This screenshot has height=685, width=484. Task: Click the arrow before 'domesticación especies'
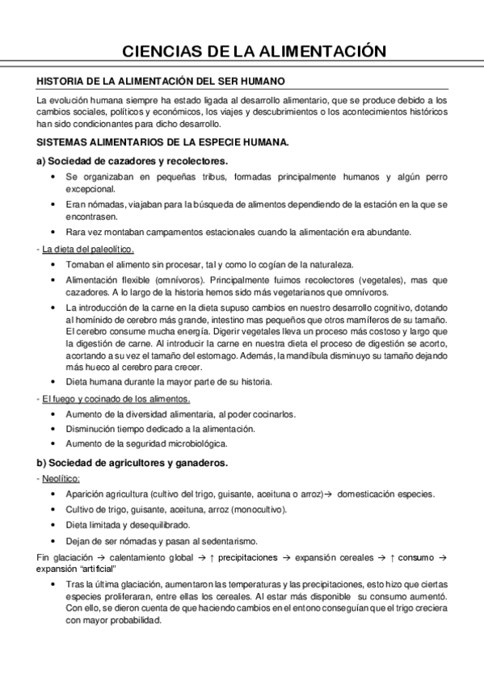point(329,494)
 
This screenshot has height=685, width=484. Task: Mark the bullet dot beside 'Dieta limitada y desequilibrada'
point(53,525)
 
